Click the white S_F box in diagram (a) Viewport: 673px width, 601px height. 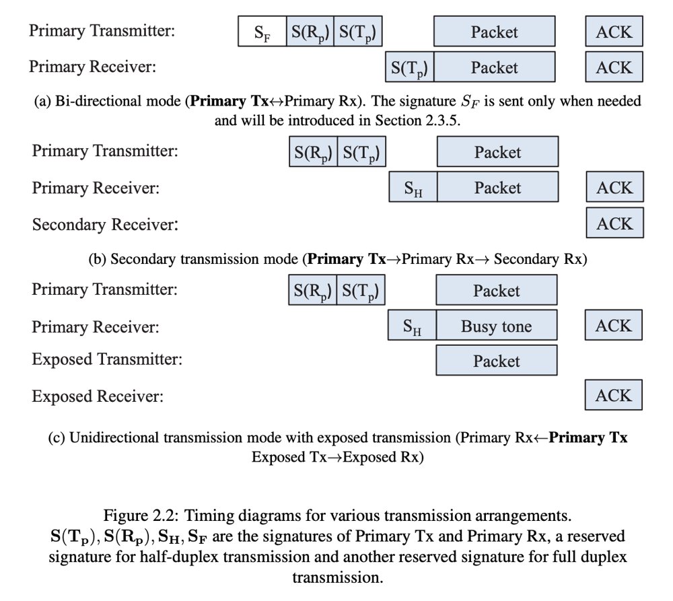(x=262, y=32)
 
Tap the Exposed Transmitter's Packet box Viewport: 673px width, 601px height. (x=496, y=361)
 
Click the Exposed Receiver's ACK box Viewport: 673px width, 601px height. (x=614, y=396)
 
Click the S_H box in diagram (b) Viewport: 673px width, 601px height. (x=413, y=188)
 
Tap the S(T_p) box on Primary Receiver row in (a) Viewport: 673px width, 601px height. (x=409, y=68)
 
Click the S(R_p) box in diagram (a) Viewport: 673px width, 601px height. (x=310, y=32)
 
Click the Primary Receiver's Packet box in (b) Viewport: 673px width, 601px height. (x=497, y=188)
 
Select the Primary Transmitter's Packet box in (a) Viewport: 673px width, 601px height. (x=495, y=32)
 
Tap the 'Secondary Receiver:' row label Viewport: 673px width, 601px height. (x=105, y=224)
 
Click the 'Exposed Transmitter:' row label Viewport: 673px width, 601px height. (x=107, y=359)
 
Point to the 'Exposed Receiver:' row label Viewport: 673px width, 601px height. (x=98, y=396)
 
